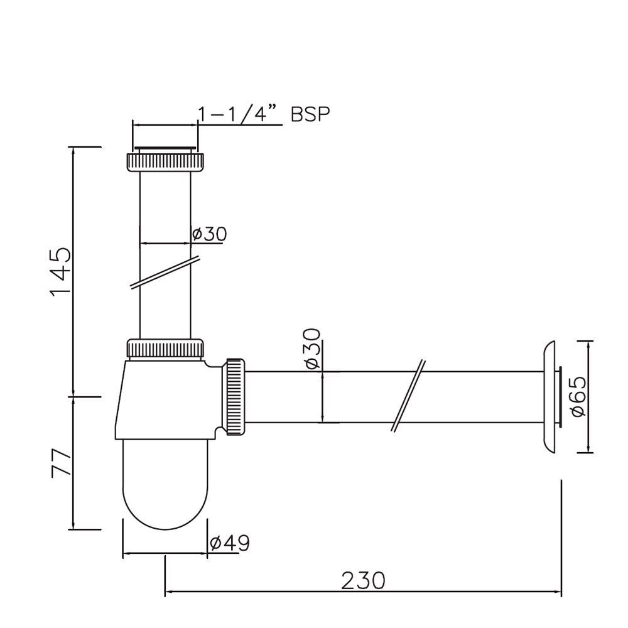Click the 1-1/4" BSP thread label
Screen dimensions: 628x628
click(x=263, y=114)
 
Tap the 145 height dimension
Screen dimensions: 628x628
click(x=60, y=272)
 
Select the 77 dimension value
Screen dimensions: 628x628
click(x=60, y=463)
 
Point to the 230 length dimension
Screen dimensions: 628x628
click(x=362, y=580)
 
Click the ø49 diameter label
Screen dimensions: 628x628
click(x=230, y=542)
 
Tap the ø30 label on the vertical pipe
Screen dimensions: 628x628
click(x=208, y=234)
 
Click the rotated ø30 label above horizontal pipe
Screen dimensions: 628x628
click(x=311, y=349)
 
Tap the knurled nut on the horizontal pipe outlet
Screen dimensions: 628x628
click(x=235, y=397)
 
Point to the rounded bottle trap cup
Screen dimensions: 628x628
click(x=165, y=484)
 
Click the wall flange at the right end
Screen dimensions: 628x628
click(x=548, y=396)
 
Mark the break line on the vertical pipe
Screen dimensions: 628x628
click(x=165, y=273)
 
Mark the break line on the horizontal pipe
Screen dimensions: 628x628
click(x=408, y=396)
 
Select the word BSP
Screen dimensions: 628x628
click(x=310, y=114)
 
